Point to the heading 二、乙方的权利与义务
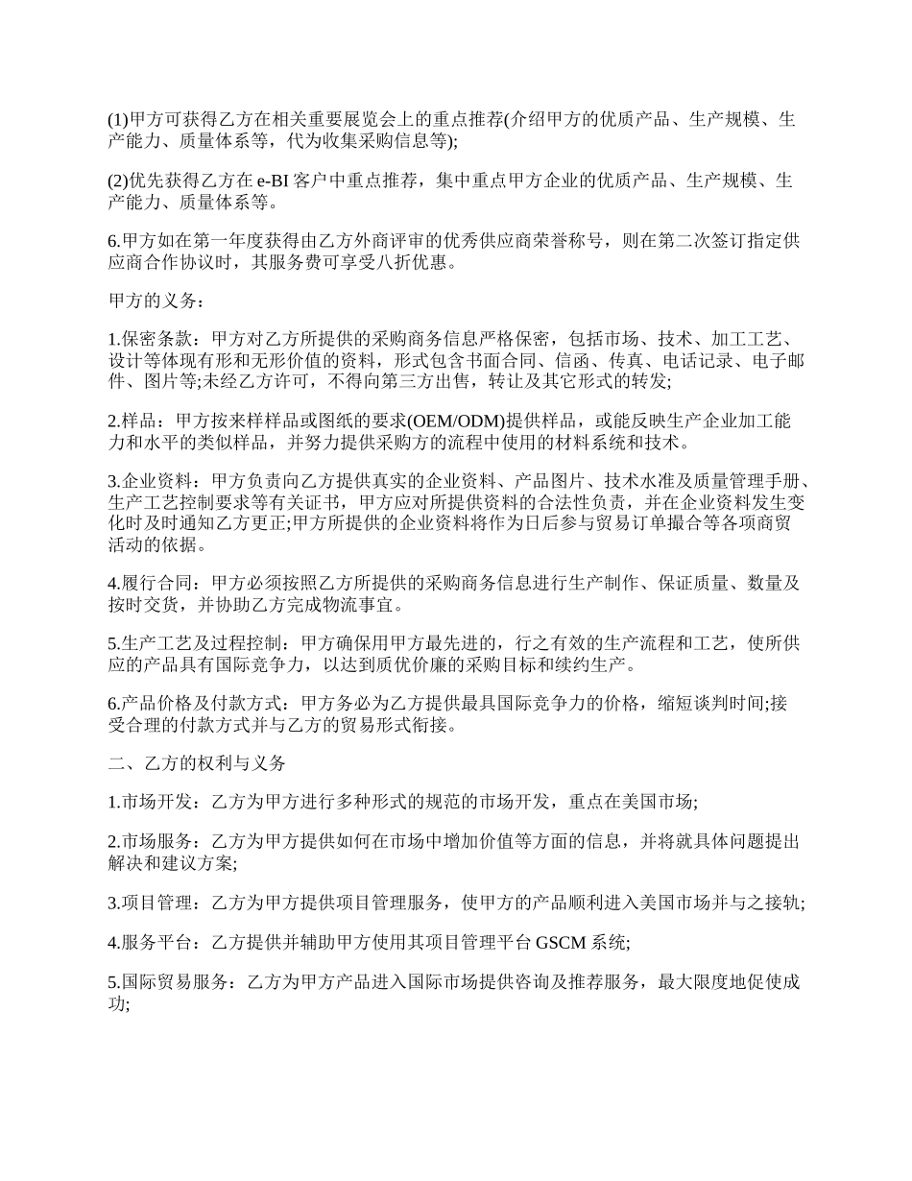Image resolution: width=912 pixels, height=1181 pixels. coord(197,763)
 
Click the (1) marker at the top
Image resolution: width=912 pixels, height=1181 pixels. coord(117,120)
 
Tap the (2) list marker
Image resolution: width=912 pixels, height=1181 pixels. coord(117,181)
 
